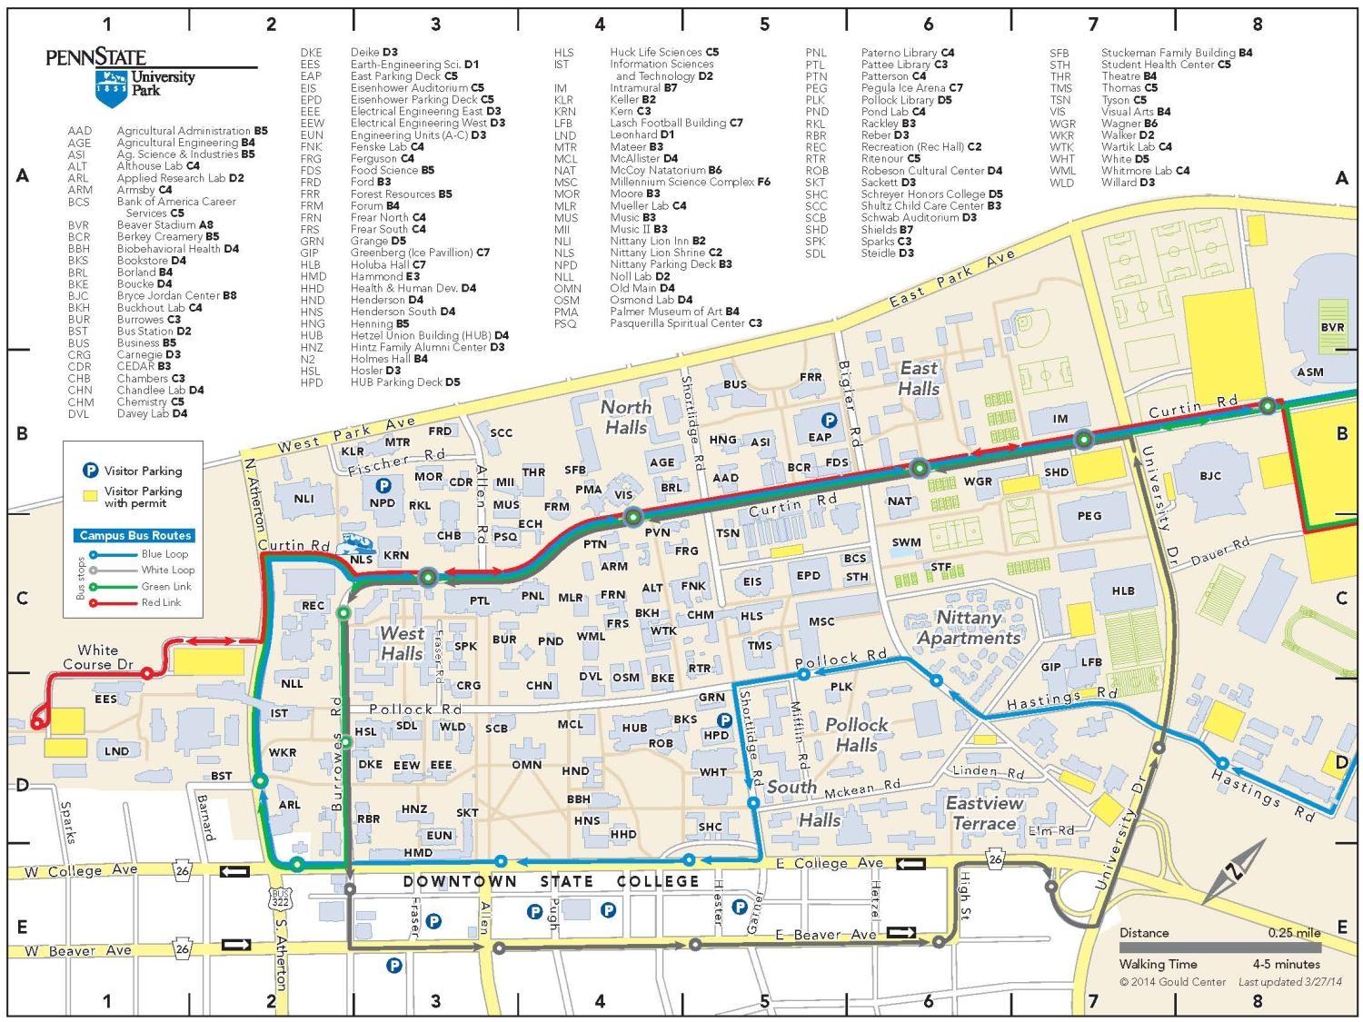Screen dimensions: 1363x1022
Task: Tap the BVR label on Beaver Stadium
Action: click(x=1332, y=327)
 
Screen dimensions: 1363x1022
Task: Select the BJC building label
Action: click(x=1210, y=476)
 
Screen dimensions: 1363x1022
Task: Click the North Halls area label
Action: click(x=626, y=417)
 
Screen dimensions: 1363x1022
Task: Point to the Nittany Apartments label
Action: click(x=969, y=628)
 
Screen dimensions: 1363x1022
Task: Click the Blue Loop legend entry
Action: click(x=164, y=554)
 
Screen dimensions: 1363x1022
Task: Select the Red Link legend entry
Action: click(x=161, y=602)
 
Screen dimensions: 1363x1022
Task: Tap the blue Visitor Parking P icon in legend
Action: click(x=90, y=471)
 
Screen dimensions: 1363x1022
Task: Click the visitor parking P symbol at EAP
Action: click(x=829, y=421)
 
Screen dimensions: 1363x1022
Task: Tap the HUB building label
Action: click(x=634, y=728)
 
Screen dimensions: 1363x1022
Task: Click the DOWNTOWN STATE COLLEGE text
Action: click(x=551, y=881)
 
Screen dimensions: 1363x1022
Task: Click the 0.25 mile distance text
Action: click(x=1294, y=933)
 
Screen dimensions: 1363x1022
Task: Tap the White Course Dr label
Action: click(x=98, y=657)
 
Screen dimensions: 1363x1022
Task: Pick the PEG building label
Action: click(x=1089, y=515)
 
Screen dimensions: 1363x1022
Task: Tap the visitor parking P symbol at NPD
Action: click(x=383, y=486)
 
